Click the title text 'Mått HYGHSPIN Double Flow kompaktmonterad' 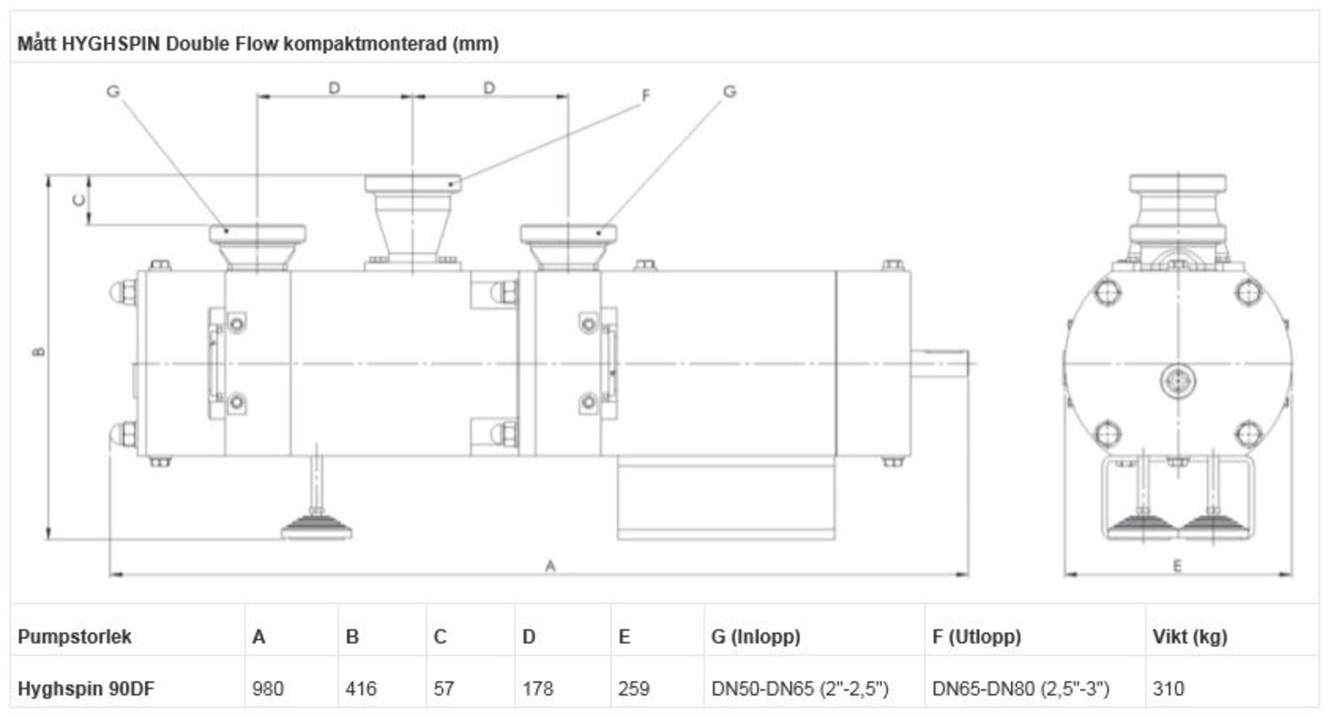(258, 44)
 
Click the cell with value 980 (268, 688)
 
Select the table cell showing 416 (360, 688)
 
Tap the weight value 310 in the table (1168, 688)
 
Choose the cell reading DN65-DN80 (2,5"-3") (1021, 688)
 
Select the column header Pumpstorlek (74, 636)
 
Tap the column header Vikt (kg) (1190, 636)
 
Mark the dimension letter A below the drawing (550, 565)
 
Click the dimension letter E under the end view (1177, 566)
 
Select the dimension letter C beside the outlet (78, 200)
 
